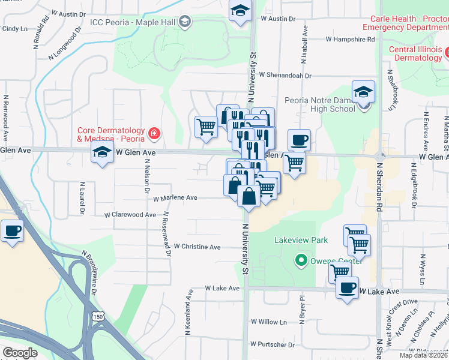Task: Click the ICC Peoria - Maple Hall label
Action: coord(133,23)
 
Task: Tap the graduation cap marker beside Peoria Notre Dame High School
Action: coord(363,93)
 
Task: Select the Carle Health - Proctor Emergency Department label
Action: coord(405,23)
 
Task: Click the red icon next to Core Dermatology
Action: coord(154,133)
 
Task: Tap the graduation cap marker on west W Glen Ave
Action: coord(103,154)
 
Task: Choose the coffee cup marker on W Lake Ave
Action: coord(347,289)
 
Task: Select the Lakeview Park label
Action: coord(301,240)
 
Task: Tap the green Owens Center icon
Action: coord(300,260)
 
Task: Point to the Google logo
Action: coord(20,353)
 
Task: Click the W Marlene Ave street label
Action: coord(175,197)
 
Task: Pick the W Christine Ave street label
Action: coord(197,247)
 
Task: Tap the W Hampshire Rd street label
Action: coord(350,39)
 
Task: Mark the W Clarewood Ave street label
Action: coord(130,214)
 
